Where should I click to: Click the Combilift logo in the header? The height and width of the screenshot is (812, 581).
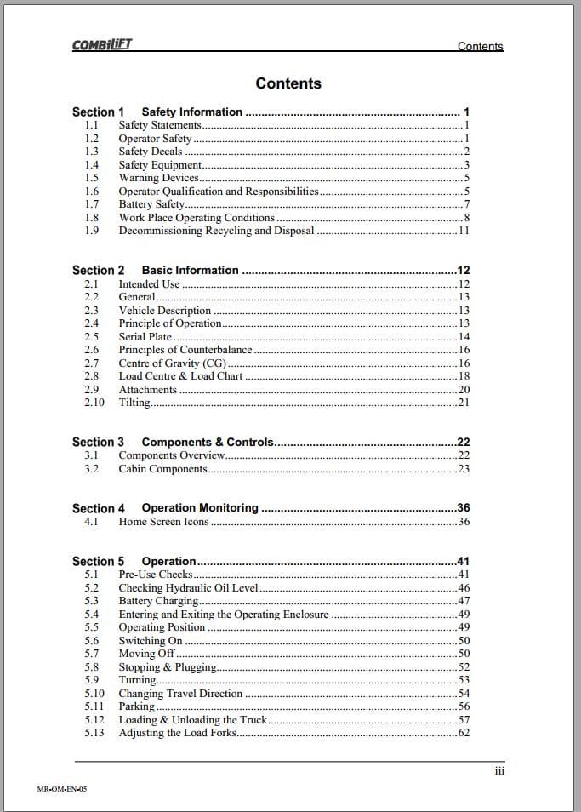[102, 46]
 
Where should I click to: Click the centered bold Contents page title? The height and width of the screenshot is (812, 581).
[288, 83]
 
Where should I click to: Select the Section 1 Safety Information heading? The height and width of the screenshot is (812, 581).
[157, 112]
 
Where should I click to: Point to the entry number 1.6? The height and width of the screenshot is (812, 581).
[92, 192]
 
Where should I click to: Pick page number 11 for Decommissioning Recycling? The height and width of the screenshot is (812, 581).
[464, 231]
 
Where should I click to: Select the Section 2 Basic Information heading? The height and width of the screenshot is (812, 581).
[156, 271]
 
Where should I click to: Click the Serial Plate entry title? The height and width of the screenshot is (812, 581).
[145, 337]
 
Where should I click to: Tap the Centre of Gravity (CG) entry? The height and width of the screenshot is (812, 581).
[172, 363]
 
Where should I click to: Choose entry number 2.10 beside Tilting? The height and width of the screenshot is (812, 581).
[94, 403]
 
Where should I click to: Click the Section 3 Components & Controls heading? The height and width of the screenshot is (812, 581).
[174, 443]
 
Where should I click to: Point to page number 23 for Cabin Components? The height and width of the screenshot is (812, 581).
[464, 469]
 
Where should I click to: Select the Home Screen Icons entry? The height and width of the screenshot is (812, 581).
[163, 522]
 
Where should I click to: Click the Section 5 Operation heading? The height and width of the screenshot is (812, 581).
[134, 562]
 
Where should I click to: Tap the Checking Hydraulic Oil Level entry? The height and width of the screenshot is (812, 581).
[188, 588]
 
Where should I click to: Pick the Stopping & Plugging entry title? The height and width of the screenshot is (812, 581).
[168, 667]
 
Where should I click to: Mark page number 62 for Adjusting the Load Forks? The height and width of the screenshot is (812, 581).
[464, 733]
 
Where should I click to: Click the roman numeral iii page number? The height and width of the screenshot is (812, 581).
[499, 771]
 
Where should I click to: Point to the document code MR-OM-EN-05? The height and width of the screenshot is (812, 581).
[62, 789]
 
